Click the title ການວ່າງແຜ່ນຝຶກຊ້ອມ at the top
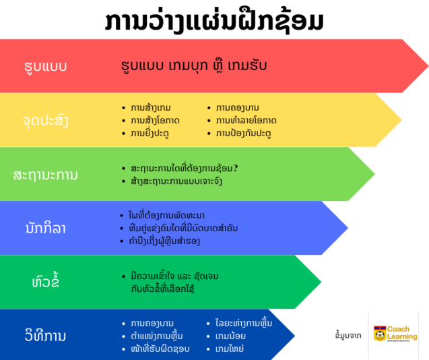(214, 20)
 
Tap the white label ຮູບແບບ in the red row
(44, 66)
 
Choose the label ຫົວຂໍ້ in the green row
(45, 282)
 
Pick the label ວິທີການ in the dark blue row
(45, 335)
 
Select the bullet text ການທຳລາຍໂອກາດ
(246, 121)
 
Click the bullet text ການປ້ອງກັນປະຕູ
(243, 133)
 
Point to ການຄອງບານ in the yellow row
(238, 108)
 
